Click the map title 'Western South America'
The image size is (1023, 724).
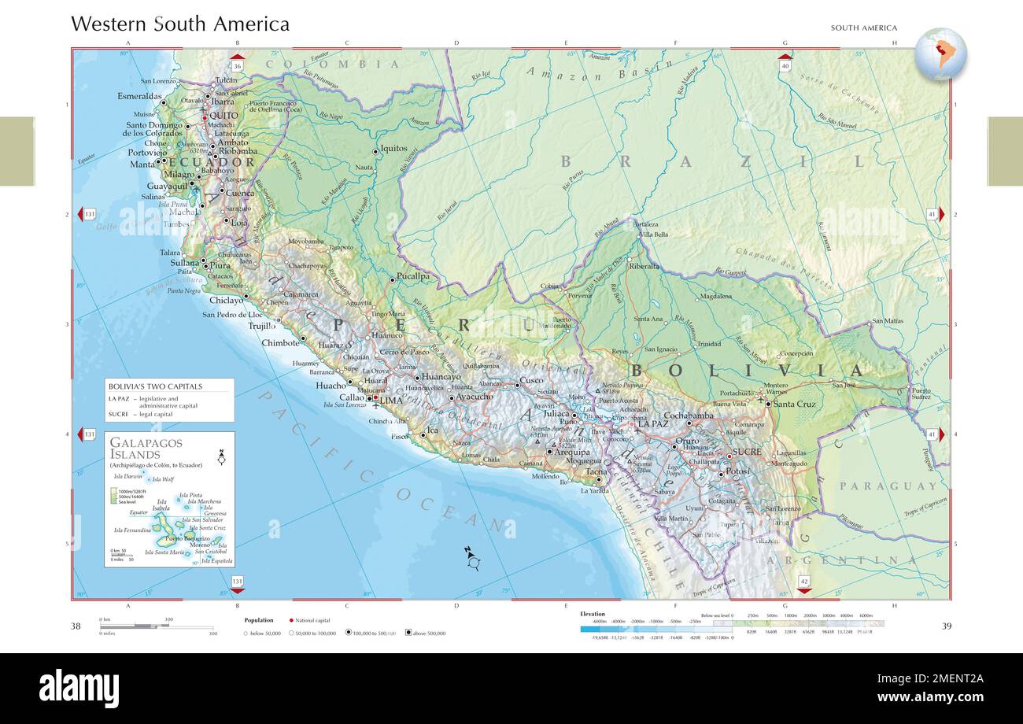tap(180, 24)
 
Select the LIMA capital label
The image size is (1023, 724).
tap(391, 401)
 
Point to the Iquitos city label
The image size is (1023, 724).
tap(393, 148)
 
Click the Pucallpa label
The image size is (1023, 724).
tap(412, 277)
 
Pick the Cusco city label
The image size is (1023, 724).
tap(531, 381)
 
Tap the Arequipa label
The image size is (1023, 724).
tap(571, 452)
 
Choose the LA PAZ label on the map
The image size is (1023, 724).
tap(652, 423)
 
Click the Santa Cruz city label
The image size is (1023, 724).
tap(794, 404)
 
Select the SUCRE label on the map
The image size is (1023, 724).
tap(747, 452)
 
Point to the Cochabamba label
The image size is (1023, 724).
tap(689, 416)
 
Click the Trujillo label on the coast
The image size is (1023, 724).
tap(262, 325)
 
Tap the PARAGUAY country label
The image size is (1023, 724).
tap(888, 486)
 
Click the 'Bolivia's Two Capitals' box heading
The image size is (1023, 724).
tap(155, 386)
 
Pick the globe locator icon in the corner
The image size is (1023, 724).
tap(940, 54)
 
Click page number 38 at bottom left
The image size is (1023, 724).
tap(76, 626)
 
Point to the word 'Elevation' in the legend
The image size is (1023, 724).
tap(593, 613)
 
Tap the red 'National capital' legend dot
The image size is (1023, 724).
tap(291, 620)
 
